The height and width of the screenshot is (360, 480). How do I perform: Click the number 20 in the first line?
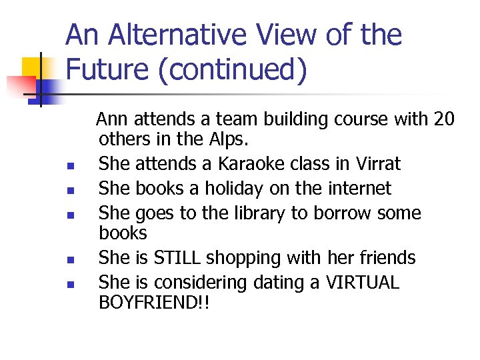[443, 119]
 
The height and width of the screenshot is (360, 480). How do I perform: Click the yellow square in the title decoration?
[35, 68]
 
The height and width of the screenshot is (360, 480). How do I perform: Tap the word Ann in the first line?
[113, 119]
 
